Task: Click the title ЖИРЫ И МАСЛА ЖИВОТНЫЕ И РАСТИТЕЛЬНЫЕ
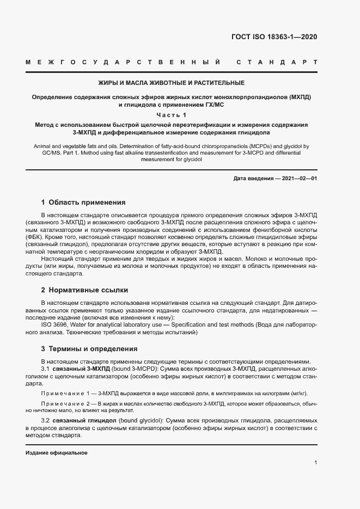click(171, 83)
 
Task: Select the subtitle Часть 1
click(171, 115)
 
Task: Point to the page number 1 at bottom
click(316, 463)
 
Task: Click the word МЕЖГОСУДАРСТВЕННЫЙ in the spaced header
click(123, 63)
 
